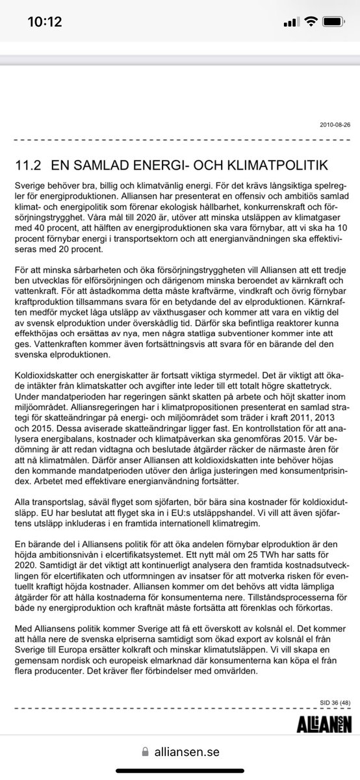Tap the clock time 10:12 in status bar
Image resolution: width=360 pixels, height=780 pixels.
tap(44, 22)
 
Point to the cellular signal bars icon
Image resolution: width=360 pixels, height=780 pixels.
tap(292, 22)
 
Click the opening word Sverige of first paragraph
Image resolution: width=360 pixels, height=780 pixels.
tap(30, 186)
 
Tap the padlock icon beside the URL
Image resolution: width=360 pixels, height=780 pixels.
tap(146, 752)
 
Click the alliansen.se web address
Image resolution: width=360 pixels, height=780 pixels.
tap(188, 752)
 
